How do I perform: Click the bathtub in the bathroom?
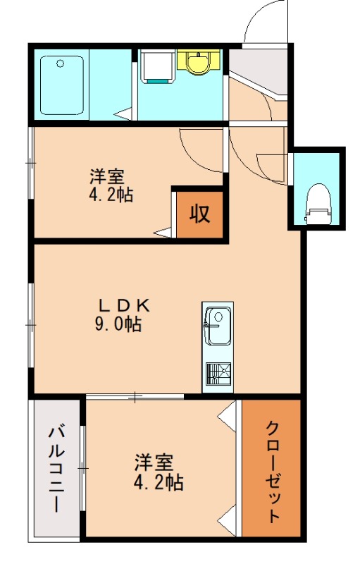click(x=62, y=85)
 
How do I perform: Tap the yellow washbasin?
click(x=198, y=61)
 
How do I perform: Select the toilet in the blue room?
click(x=319, y=200)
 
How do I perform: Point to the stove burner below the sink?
click(x=218, y=372)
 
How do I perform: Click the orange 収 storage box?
click(x=199, y=213)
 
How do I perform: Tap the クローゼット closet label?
click(x=273, y=471)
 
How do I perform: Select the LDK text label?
click(x=124, y=306)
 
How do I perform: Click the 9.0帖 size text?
click(x=118, y=325)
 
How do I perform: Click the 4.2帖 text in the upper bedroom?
click(x=111, y=194)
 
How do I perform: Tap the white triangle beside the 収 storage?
click(x=165, y=231)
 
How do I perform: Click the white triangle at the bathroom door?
click(x=125, y=113)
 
